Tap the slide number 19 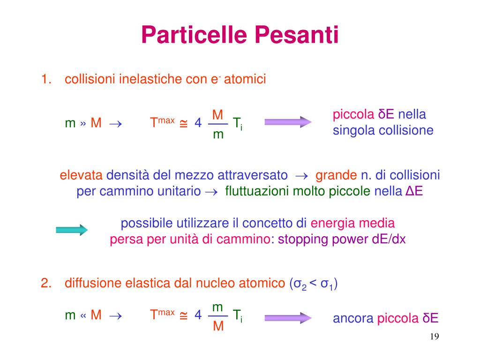pos(434,337)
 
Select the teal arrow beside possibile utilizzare pos(72,230)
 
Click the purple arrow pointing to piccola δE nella pos(288,122)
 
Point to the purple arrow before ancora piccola pos(288,318)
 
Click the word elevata pos(81,176)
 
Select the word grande pos(336,176)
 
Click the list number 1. pos(45,79)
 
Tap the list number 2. pos(45,283)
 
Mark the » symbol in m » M pos(83,123)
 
